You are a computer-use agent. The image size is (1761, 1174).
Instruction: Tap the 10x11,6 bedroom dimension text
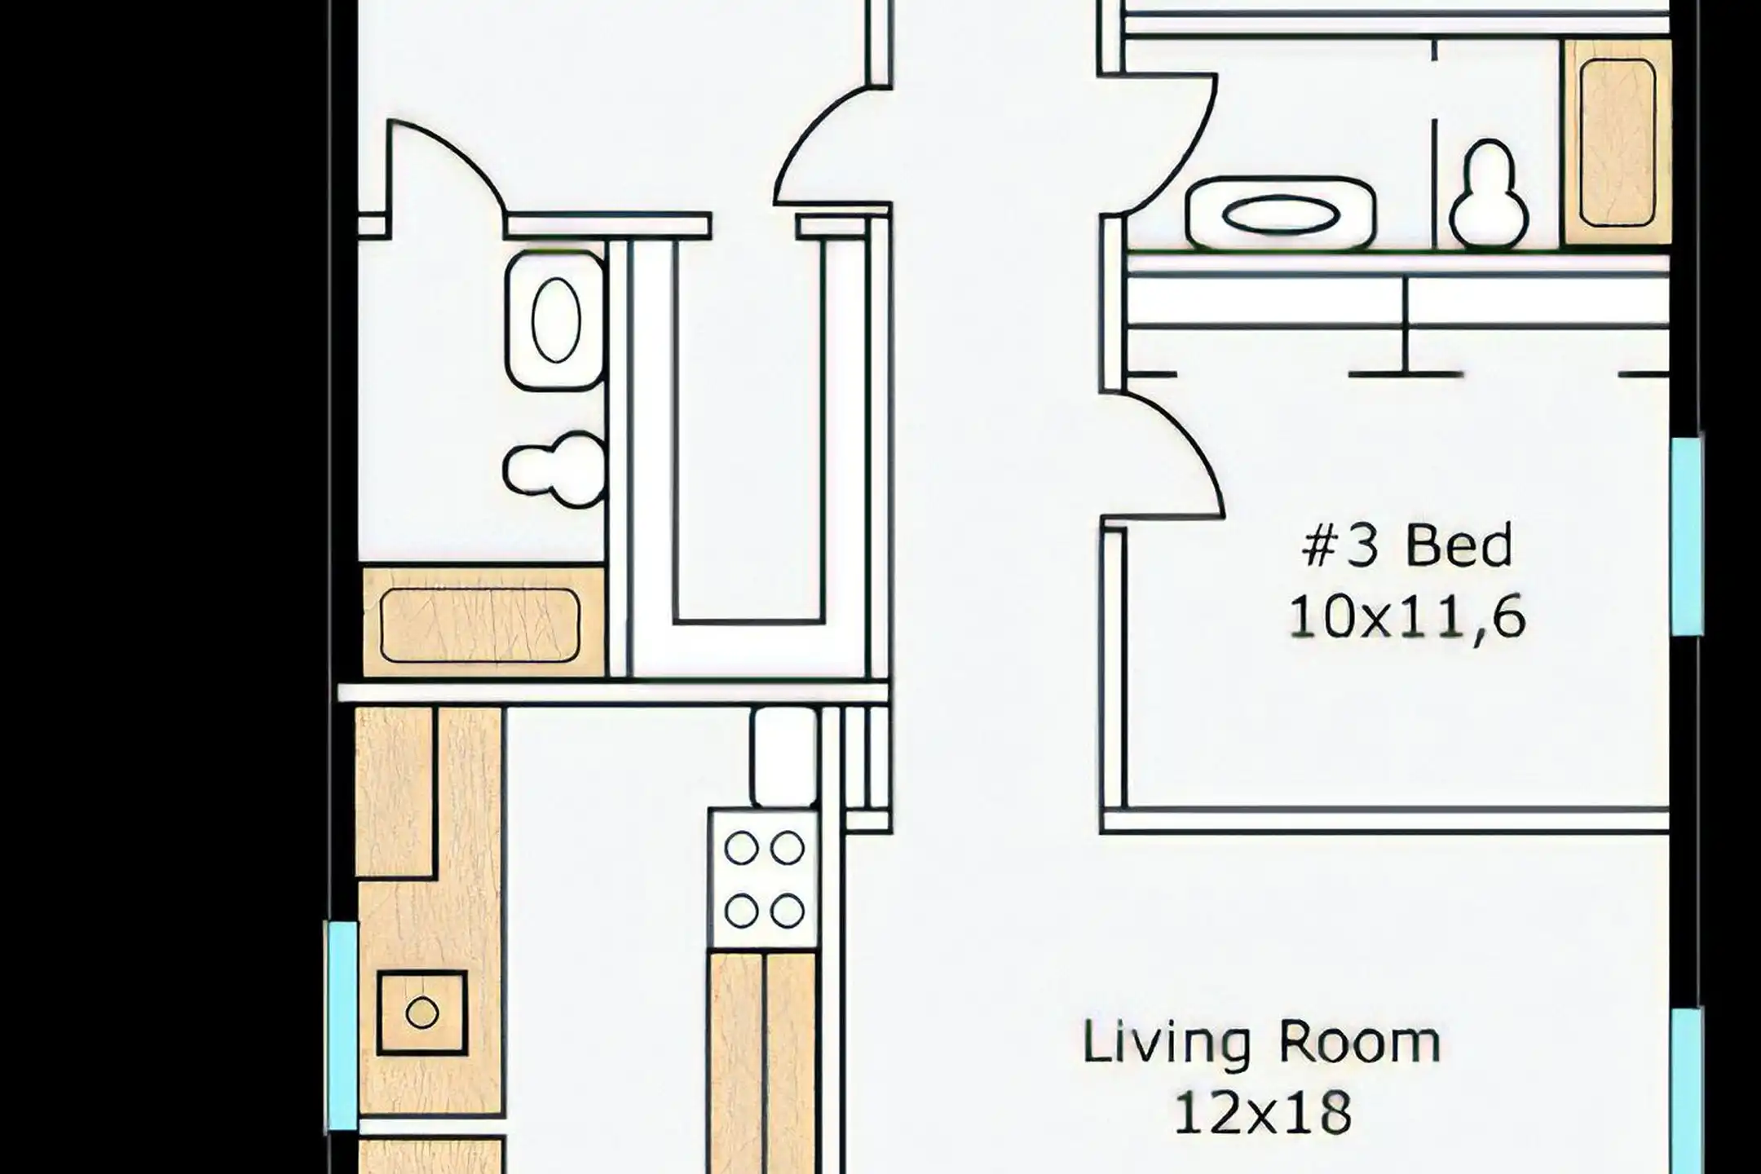tap(1407, 617)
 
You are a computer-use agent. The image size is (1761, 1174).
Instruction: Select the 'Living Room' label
tap(1261, 1042)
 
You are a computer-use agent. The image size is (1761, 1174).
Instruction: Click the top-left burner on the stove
tap(741, 849)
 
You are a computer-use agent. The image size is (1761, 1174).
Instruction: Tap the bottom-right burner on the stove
tap(788, 911)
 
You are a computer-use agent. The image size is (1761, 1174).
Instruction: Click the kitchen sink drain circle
tap(421, 1013)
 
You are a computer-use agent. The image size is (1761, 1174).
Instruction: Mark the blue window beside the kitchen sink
tap(342, 1026)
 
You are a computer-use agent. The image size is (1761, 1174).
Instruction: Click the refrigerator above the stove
tap(784, 757)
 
